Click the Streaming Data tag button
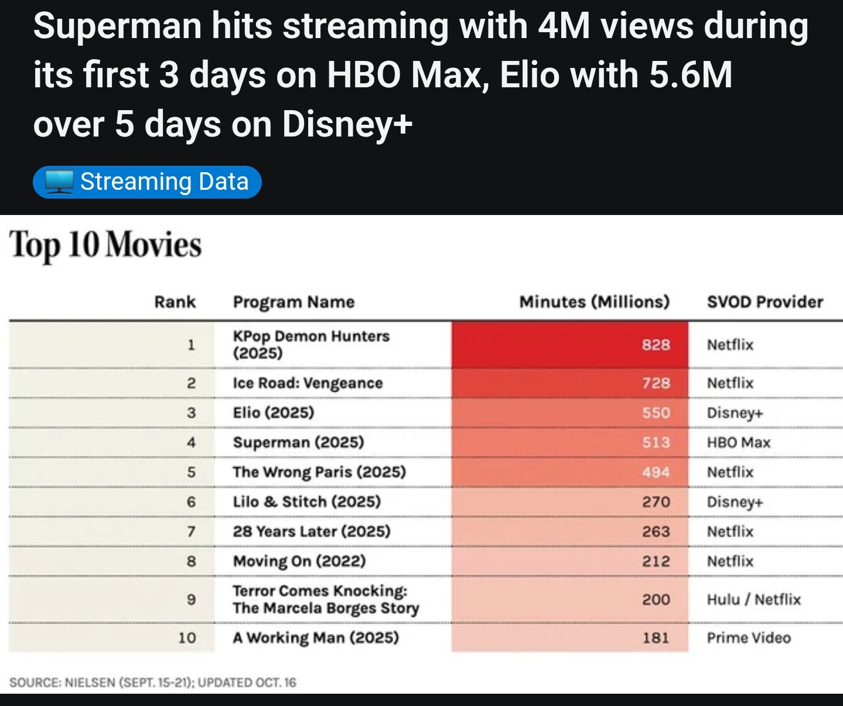[147, 182]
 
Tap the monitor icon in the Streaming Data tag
[59, 182]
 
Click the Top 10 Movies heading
[105, 245]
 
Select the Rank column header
[175, 302]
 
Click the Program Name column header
[293, 302]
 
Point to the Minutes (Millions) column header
[594, 302]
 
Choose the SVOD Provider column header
[764, 302]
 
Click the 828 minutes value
[656, 345]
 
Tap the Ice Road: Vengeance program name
[308, 383]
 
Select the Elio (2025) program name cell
[274, 413]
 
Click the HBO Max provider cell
[738, 443]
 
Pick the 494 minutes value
[656, 472]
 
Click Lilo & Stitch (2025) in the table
[306, 502]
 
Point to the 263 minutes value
[656, 531]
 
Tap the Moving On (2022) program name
[299, 561]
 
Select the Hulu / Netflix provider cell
[753, 599]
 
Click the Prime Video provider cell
[749, 637]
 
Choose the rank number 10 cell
[187, 637]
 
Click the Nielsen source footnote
[153, 683]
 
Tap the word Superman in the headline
[117, 27]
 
